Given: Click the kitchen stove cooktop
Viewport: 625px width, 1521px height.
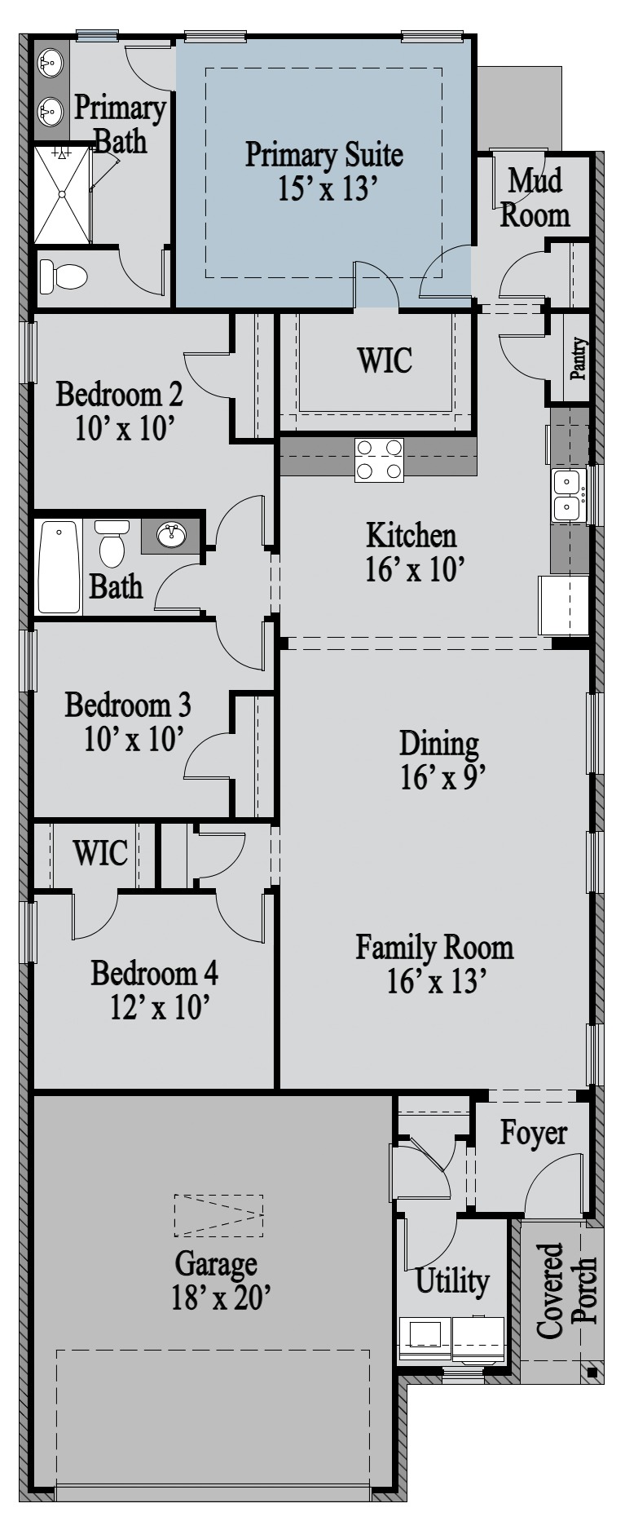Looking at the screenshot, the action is pos(379,459).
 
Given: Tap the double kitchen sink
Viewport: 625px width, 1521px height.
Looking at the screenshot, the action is pos(568,495).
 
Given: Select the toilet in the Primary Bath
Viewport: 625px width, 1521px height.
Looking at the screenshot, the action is pos(63,276).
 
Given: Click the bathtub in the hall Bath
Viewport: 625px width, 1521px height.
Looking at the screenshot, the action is pos(59,567).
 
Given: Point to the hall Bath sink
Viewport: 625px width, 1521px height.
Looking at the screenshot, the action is pos(171,536).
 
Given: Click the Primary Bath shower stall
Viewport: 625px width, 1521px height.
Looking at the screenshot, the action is pos(62,194).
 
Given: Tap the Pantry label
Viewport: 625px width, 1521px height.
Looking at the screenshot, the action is pos(579,360).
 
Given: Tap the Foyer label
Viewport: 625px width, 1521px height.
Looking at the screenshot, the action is pos(533,1133).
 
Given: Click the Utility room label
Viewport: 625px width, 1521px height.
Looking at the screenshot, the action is pos(452,1280).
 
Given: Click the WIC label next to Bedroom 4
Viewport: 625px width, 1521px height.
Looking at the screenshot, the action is pos(100,853).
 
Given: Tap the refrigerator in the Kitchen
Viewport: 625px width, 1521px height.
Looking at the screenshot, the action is pos(563,605).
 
